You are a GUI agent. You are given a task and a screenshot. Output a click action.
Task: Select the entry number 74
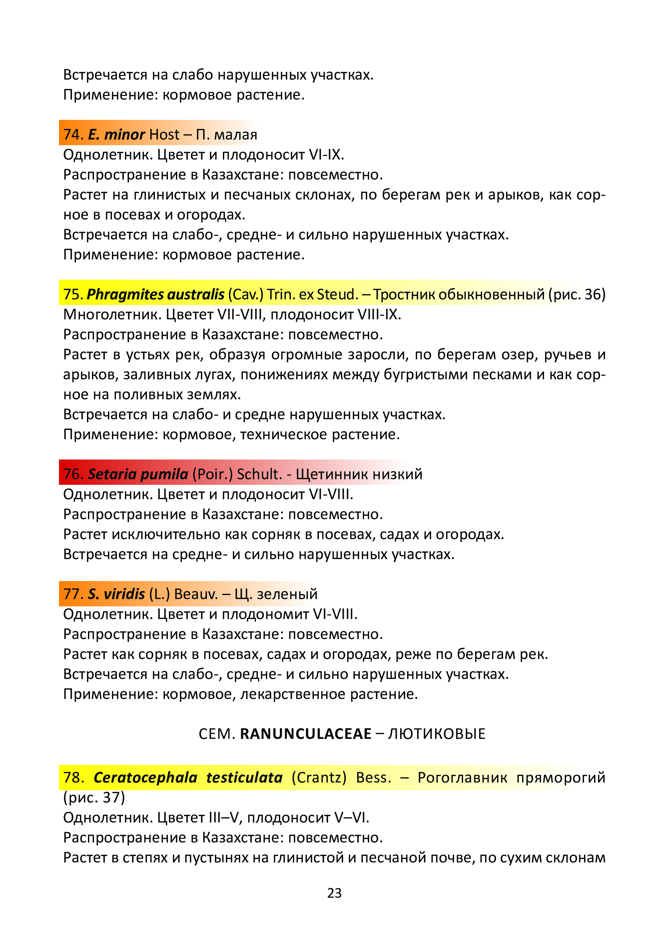[x=73, y=135]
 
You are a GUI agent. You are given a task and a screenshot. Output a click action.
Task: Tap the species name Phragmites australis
[x=155, y=294]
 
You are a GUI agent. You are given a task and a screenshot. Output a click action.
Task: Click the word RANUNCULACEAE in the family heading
[x=306, y=734]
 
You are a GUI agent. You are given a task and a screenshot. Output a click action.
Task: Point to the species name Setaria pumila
[x=138, y=474]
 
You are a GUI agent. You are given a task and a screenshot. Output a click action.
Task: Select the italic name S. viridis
[x=116, y=594]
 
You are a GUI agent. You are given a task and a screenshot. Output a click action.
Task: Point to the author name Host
[x=164, y=135]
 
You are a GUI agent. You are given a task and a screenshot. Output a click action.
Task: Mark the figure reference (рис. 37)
[x=94, y=797]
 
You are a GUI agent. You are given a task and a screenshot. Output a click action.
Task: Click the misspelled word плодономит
[x=265, y=614]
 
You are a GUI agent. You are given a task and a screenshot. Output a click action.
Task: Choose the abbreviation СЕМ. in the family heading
[x=217, y=734]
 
